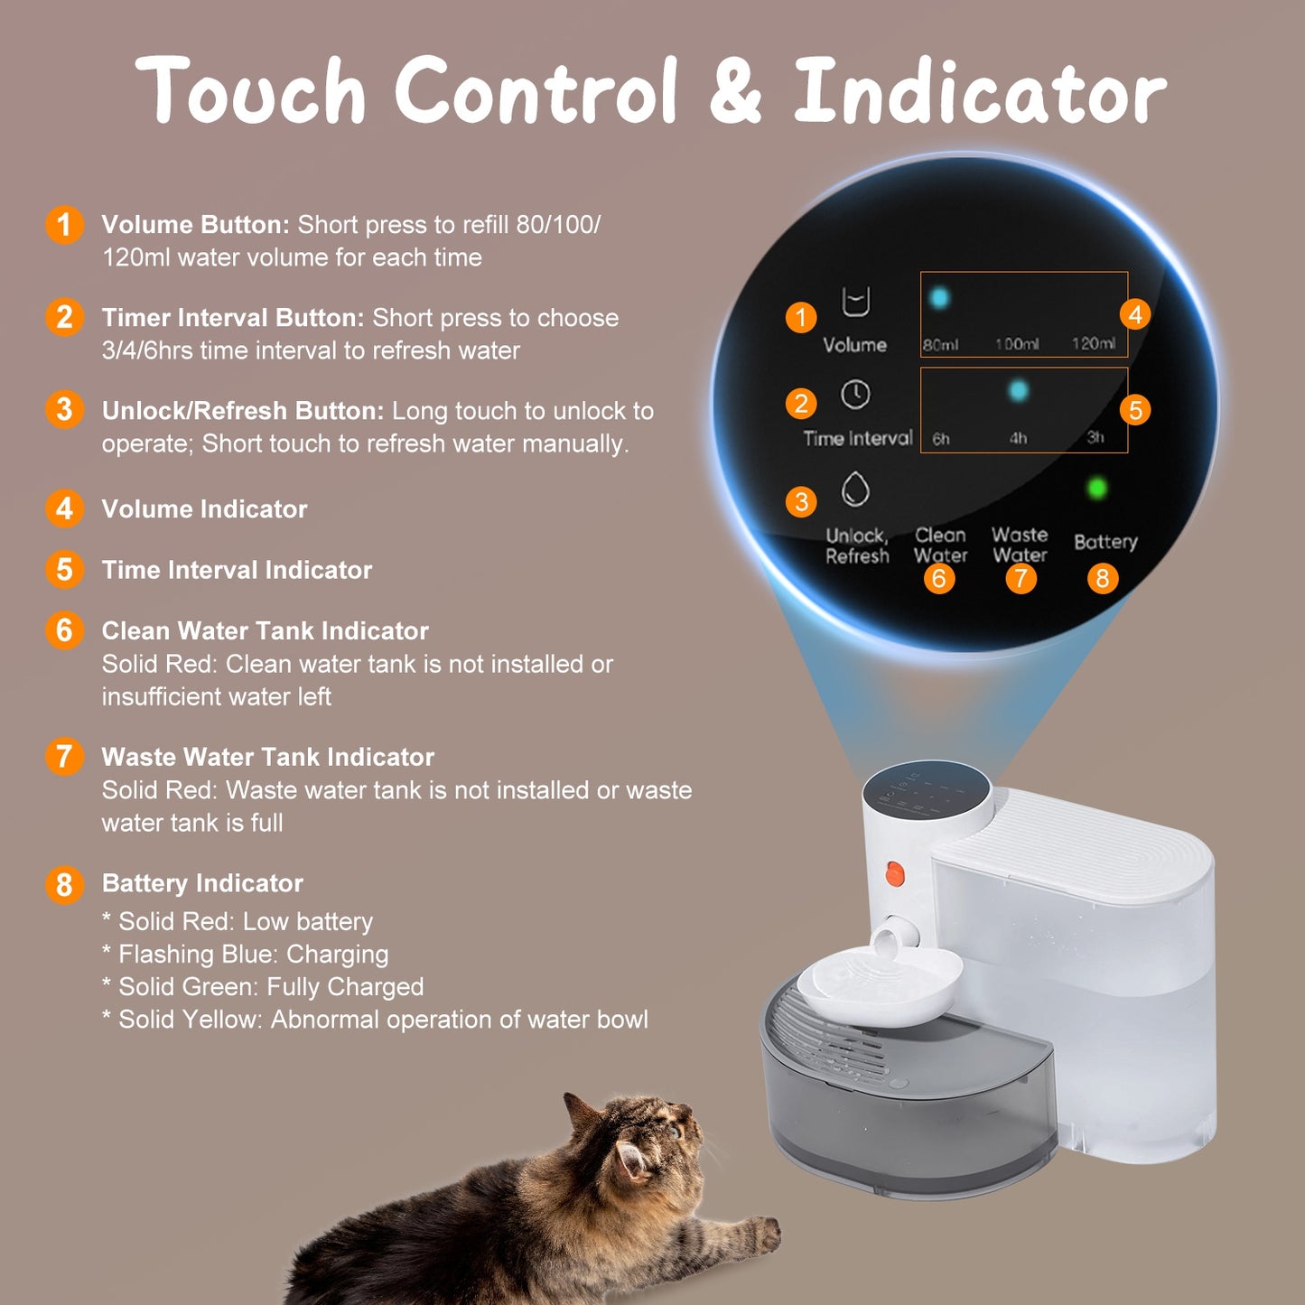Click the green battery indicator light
1097,489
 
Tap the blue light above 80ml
939,298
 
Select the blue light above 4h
1018,391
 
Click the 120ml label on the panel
1093,343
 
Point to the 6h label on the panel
941,439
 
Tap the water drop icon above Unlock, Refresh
855,489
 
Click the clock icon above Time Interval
855,395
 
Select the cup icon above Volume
855,303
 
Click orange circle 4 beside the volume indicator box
1135,314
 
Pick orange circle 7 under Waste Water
1021,578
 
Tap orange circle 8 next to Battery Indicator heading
64,885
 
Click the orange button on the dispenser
894,874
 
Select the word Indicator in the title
979,91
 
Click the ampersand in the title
735,91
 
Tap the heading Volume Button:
195,225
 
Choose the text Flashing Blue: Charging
253,955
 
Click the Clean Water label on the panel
940,545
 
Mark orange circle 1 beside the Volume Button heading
64,225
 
